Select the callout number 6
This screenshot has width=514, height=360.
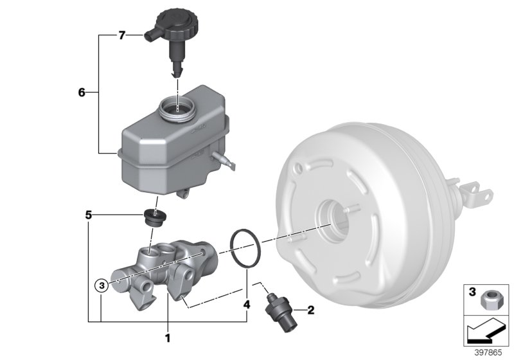point(82,93)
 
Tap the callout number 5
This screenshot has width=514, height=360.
point(89,215)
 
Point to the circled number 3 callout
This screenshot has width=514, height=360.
point(100,283)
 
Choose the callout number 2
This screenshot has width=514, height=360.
point(311,311)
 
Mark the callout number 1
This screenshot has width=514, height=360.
point(167,336)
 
